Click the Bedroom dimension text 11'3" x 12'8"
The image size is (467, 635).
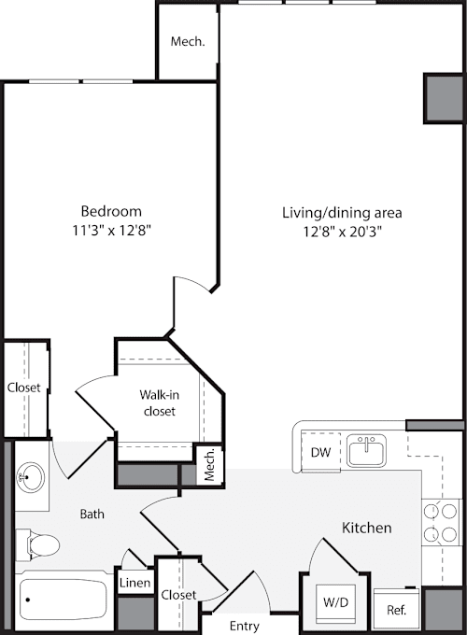tap(111, 231)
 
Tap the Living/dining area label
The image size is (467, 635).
tap(342, 213)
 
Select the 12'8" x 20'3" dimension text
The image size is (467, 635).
tap(343, 232)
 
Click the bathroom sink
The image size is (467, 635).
tap(30, 476)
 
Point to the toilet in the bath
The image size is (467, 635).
tap(37, 543)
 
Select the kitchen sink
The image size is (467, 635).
tap(366, 450)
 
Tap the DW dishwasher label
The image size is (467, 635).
tap(320, 452)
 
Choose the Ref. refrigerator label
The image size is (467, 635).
tap(397, 610)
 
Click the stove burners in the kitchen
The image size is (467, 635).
tap(441, 523)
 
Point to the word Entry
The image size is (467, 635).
tap(244, 626)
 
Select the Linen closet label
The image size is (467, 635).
tap(134, 583)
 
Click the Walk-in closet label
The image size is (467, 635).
tap(160, 403)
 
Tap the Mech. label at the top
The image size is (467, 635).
tap(188, 41)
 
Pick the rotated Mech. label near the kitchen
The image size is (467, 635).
tap(210, 464)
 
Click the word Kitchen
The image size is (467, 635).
tap(367, 528)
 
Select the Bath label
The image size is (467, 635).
tap(92, 514)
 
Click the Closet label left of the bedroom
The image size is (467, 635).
tap(24, 388)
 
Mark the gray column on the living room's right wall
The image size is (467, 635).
tap(444, 98)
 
